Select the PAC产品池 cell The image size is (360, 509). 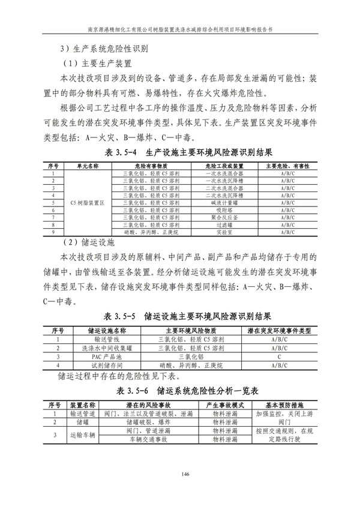coord(107,357)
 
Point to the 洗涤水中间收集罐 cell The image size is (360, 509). coord(107,348)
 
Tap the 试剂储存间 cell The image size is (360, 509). coord(107,365)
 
